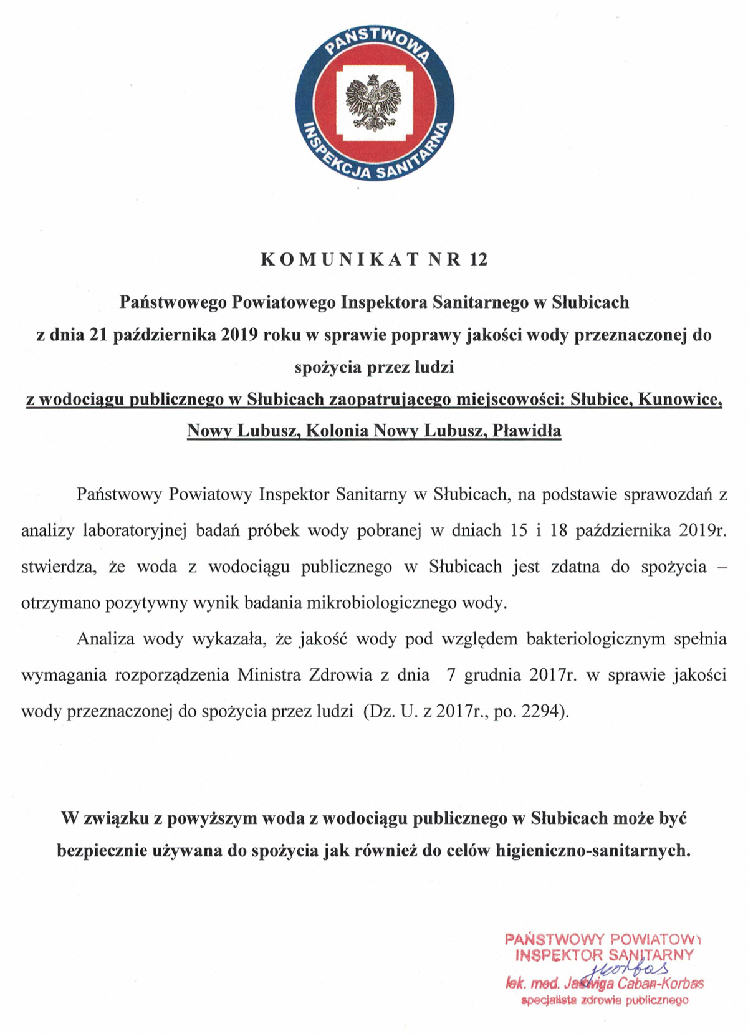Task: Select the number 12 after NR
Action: click(477, 259)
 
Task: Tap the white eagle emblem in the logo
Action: click(374, 104)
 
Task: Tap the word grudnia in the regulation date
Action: click(497, 675)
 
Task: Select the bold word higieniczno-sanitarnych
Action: click(593, 851)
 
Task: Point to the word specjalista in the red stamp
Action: click(547, 1001)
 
